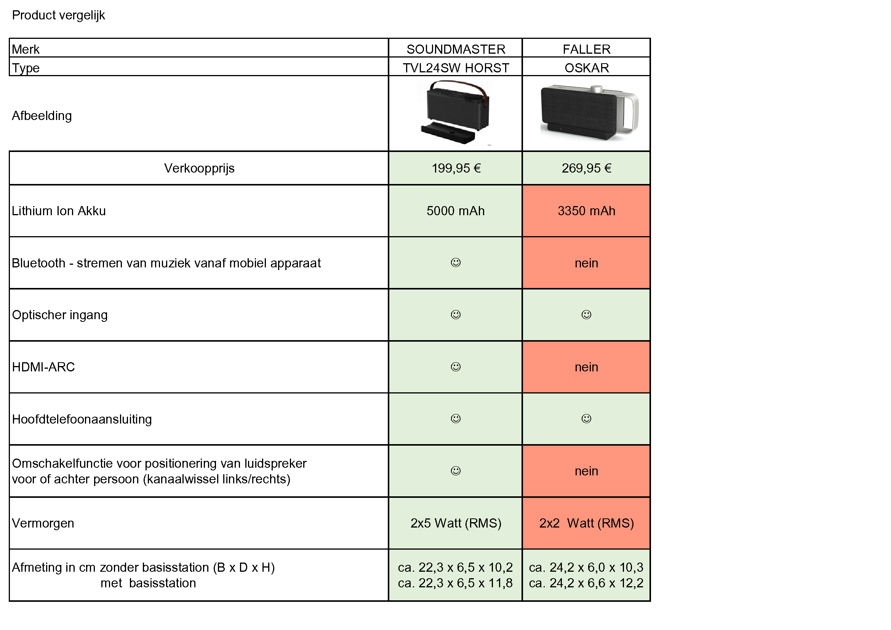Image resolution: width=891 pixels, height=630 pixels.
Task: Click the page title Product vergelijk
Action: pyautogui.click(x=58, y=16)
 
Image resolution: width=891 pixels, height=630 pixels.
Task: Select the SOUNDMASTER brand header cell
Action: pyautogui.click(x=456, y=49)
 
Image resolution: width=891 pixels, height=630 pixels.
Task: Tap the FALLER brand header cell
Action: pyautogui.click(x=586, y=49)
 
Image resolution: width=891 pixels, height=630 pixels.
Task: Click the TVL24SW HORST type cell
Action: pyautogui.click(x=456, y=68)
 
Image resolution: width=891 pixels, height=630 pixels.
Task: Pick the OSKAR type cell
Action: pyautogui.click(x=586, y=68)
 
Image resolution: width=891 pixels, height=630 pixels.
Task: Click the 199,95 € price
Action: pyautogui.click(x=456, y=168)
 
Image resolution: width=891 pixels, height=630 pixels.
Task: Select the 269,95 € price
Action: pyautogui.click(x=586, y=168)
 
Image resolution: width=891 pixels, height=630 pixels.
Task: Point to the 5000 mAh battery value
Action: pyautogui.click(x=456, y=211)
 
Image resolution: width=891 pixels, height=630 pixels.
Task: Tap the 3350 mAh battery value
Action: pyautogui.click(x=586, y=211)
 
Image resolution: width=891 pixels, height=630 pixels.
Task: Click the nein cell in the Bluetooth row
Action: pyautogui.click(x=586, y=263)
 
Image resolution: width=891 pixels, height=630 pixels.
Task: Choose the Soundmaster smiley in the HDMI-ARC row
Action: pyautogui.click(x=456, y=366)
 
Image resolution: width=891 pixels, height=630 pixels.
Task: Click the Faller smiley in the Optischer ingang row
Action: pyautogui.click(x=586, y=314)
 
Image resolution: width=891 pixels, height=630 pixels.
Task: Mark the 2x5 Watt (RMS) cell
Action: pyautogui.click(x=456, y=523)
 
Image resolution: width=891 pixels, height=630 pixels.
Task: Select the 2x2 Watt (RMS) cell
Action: pyautogui.click(x=586, y=523)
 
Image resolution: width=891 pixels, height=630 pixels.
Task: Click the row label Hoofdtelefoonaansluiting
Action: pyautogui.click(x=82, y=419)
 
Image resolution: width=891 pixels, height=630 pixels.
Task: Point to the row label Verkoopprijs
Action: pyautogui.click(x=199, y=168)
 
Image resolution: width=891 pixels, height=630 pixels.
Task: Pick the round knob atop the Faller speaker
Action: pyautogui.click(x=597, y=89)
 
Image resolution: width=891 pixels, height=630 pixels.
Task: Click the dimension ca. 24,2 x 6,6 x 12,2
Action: pyautogui.click(x=586, y=583)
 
